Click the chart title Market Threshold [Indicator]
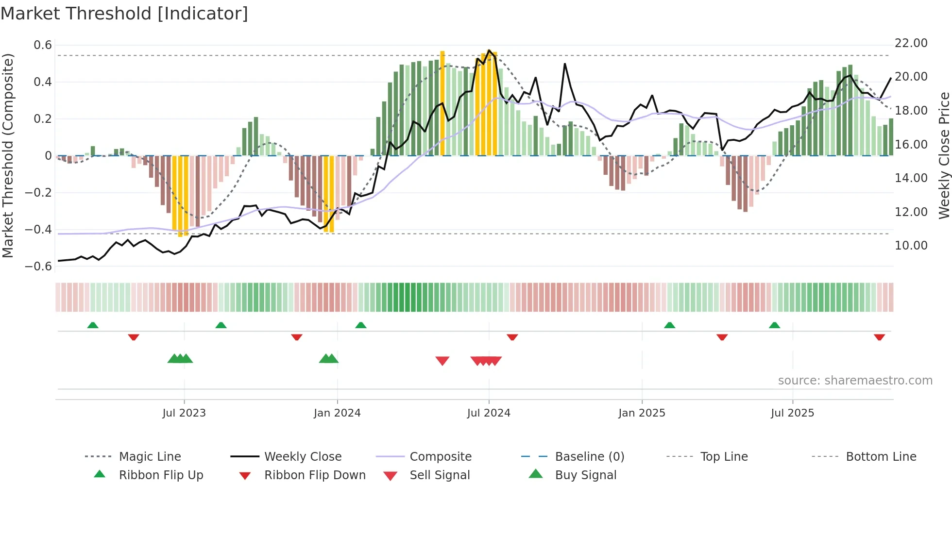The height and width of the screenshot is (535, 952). click(124, 14)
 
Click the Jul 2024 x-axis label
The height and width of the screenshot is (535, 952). click(489, 413)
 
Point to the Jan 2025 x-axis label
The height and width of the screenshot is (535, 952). click(642, 413)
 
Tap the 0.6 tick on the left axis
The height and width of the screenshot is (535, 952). click(43, 45)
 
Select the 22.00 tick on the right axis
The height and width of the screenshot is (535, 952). click(911, 43)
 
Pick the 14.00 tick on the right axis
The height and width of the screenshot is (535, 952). click(911, 178)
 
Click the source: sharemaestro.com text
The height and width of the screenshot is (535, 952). click(855, 380)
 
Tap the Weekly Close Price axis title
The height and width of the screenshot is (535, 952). click(944, 155)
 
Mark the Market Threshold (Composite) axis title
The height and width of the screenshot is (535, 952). click(8, 155)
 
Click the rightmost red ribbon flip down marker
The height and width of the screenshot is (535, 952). click(879, 337)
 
